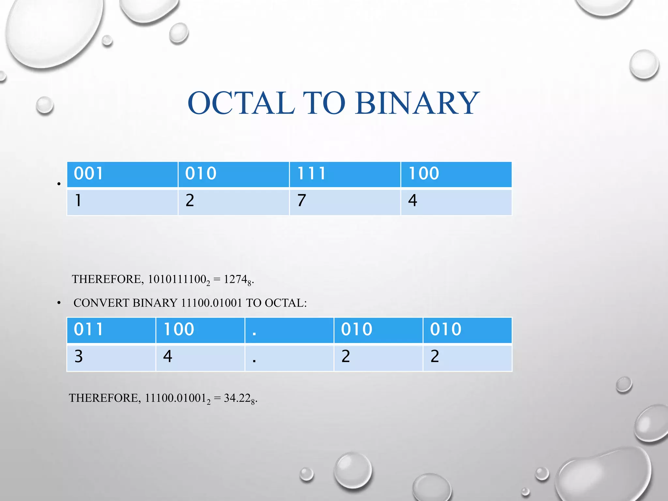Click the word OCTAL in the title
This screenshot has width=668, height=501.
coord(241,103)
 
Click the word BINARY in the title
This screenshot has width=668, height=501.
coord(417,103)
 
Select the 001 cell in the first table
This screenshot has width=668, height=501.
coord(122,174)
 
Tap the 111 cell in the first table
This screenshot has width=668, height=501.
coord(345,174)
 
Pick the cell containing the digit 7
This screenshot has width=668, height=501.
coord(345,202)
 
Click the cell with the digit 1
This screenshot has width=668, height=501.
coord(122,202)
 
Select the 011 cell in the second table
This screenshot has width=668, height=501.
coord(111,330)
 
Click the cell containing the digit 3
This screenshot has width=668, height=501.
coord(111,357)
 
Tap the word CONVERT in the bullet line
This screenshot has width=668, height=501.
coord(101,303)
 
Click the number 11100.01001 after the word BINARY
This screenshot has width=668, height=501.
coord(211,303)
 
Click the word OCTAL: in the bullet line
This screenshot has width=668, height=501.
coord(286,303)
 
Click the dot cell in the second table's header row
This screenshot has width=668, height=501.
coord(289,330)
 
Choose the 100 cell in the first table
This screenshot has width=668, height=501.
coord(456,174)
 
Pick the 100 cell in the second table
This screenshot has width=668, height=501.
coord(200,330)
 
